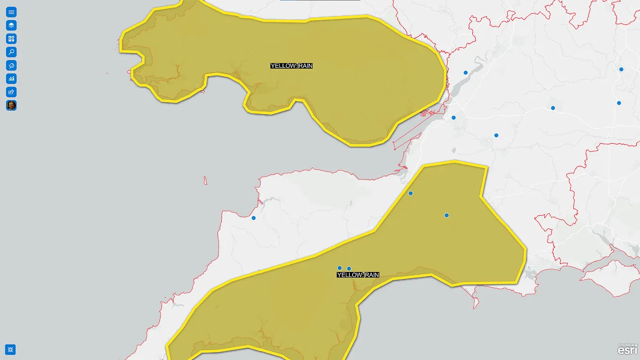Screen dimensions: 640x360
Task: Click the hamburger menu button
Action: pyautogui.click(x=11, y=12)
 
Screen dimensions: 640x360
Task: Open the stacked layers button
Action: pyautogui.click(x=11, y=25)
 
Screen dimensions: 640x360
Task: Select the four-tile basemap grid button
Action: pyautogui.click(x=11, y=39)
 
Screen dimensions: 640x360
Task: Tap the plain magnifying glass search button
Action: pyautogui.click(x=11, y=52)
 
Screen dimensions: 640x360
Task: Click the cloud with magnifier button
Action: pyautogui.click(x=11, y=65)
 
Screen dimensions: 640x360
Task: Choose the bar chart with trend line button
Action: pyautogui.click(x=11, y=79)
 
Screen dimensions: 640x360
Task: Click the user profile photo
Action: pyautogui.click(x=11, y=105)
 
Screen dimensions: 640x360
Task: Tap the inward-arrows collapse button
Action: pyautogui.click(x=10, y=349)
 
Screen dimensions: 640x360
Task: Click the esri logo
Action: pyautogui.click(x=627, y=350)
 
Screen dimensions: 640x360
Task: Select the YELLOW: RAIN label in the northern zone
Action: pyautogui.click(x=291, y=66)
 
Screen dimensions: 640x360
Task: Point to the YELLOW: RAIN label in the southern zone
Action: pyautogui.click(x=358, y=275)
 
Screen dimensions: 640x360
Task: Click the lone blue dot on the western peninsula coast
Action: pyautogui.click(x=254, y=218)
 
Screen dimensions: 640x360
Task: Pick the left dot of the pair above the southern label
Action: pyautogui.click(x=339, y=268)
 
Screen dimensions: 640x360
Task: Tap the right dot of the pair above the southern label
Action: pyautogui.click(x=349, y=269)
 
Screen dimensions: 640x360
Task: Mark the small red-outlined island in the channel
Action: pyautogui.click(x=205, y=180)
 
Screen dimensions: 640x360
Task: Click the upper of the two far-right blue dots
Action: pyautogui.click(x=621, y=69)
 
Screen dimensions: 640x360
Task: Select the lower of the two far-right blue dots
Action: pyautogui.click(x=619, y=103)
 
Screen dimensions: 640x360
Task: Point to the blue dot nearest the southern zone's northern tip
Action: pyautogui.click(x=410, y=193)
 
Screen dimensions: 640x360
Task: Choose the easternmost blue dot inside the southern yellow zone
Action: pyautogui.click(x=447, y=215)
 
